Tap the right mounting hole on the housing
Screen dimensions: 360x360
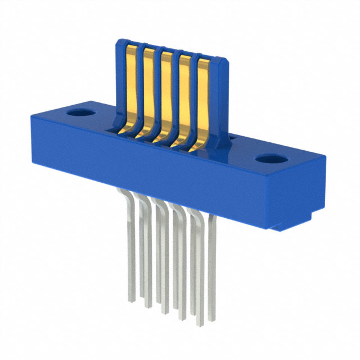coord(271,159)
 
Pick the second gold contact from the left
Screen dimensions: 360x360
coord(150,90)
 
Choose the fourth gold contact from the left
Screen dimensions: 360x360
coord(185,100)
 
